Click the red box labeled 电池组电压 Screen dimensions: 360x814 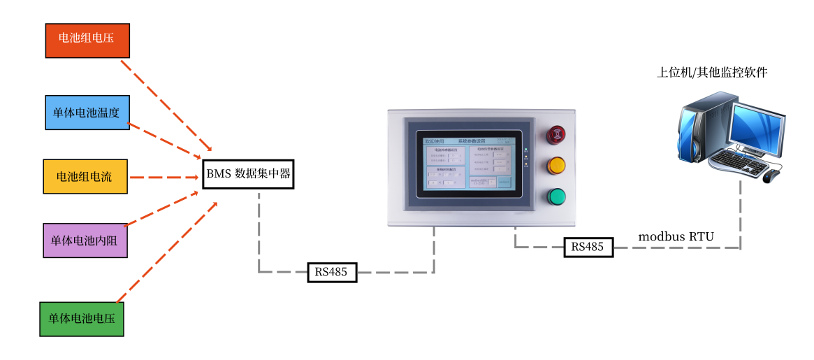[x=87, y=40]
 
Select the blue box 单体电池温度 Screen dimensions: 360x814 [x=87, y=113]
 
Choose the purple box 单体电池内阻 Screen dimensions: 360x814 [x=85, y=240]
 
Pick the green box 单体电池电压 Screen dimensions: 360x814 [x=81, y=319]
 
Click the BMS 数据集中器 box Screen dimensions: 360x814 [x=248, y=173]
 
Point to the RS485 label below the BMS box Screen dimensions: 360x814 [x=332, y=272]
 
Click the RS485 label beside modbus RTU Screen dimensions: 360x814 [x=588, y=247]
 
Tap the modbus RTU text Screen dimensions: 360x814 [x=676, y=236]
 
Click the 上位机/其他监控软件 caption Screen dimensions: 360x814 [x=712, y=72]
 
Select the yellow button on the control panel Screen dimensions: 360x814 [x=556, y=166]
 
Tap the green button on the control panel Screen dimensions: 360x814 [x=556, y=196]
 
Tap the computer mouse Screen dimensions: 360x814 [x=771, y=175]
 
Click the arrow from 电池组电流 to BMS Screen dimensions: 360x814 [x=164, y=177]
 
